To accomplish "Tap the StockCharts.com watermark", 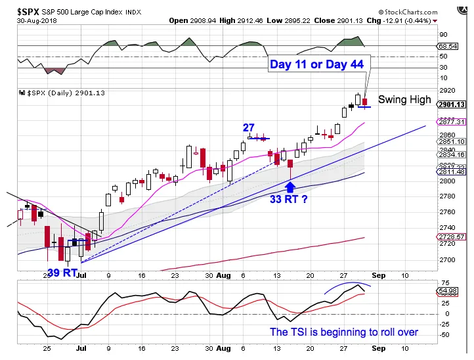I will click(423, 12).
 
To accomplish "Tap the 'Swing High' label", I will click(404, 100).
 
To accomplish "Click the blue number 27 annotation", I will click(248, 129).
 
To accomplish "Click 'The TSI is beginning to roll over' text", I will click(344, 332).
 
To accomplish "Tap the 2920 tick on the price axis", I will click(446, 90).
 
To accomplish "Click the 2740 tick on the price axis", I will click(446, 227).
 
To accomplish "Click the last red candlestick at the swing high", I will click(365, 102).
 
